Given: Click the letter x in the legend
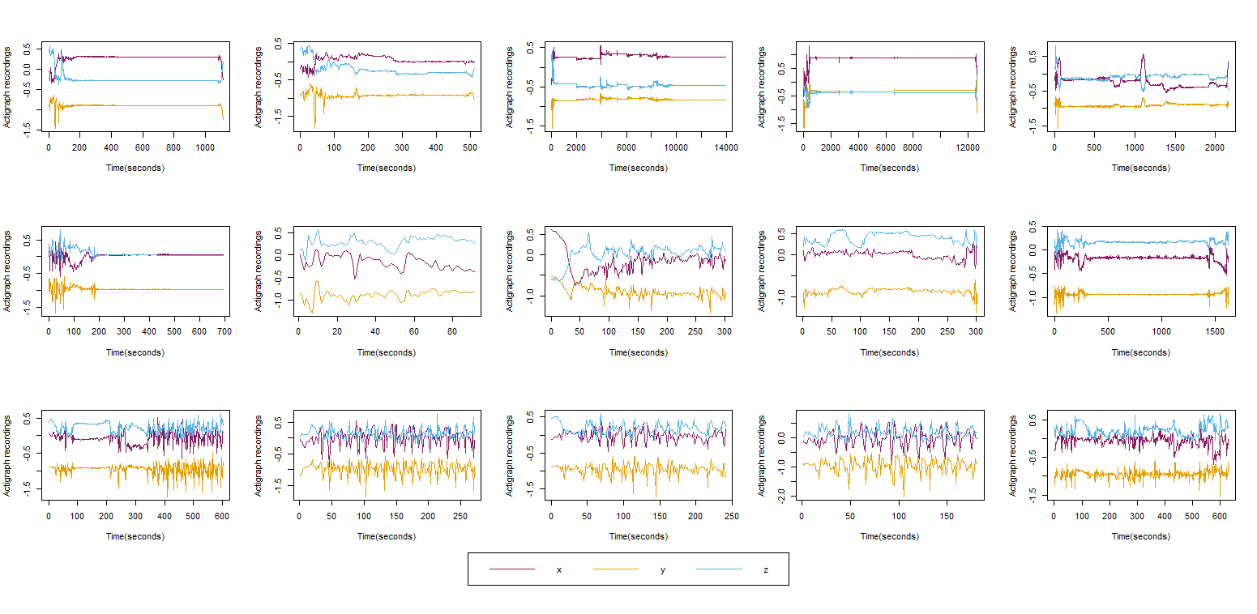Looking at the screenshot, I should [558, 570].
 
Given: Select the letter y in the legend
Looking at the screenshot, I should [663, 570].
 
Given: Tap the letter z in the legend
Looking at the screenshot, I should [766, 570].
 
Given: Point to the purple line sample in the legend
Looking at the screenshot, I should [512, 569].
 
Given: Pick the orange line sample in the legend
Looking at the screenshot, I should [616, 569].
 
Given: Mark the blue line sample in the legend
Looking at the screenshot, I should [719, 569].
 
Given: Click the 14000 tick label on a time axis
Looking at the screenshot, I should [726, 147].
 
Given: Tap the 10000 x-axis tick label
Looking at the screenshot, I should [676, 147].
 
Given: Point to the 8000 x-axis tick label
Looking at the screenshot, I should [913, 147].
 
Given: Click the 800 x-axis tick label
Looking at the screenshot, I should [173, 147].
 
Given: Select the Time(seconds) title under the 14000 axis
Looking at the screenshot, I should [638, 168].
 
